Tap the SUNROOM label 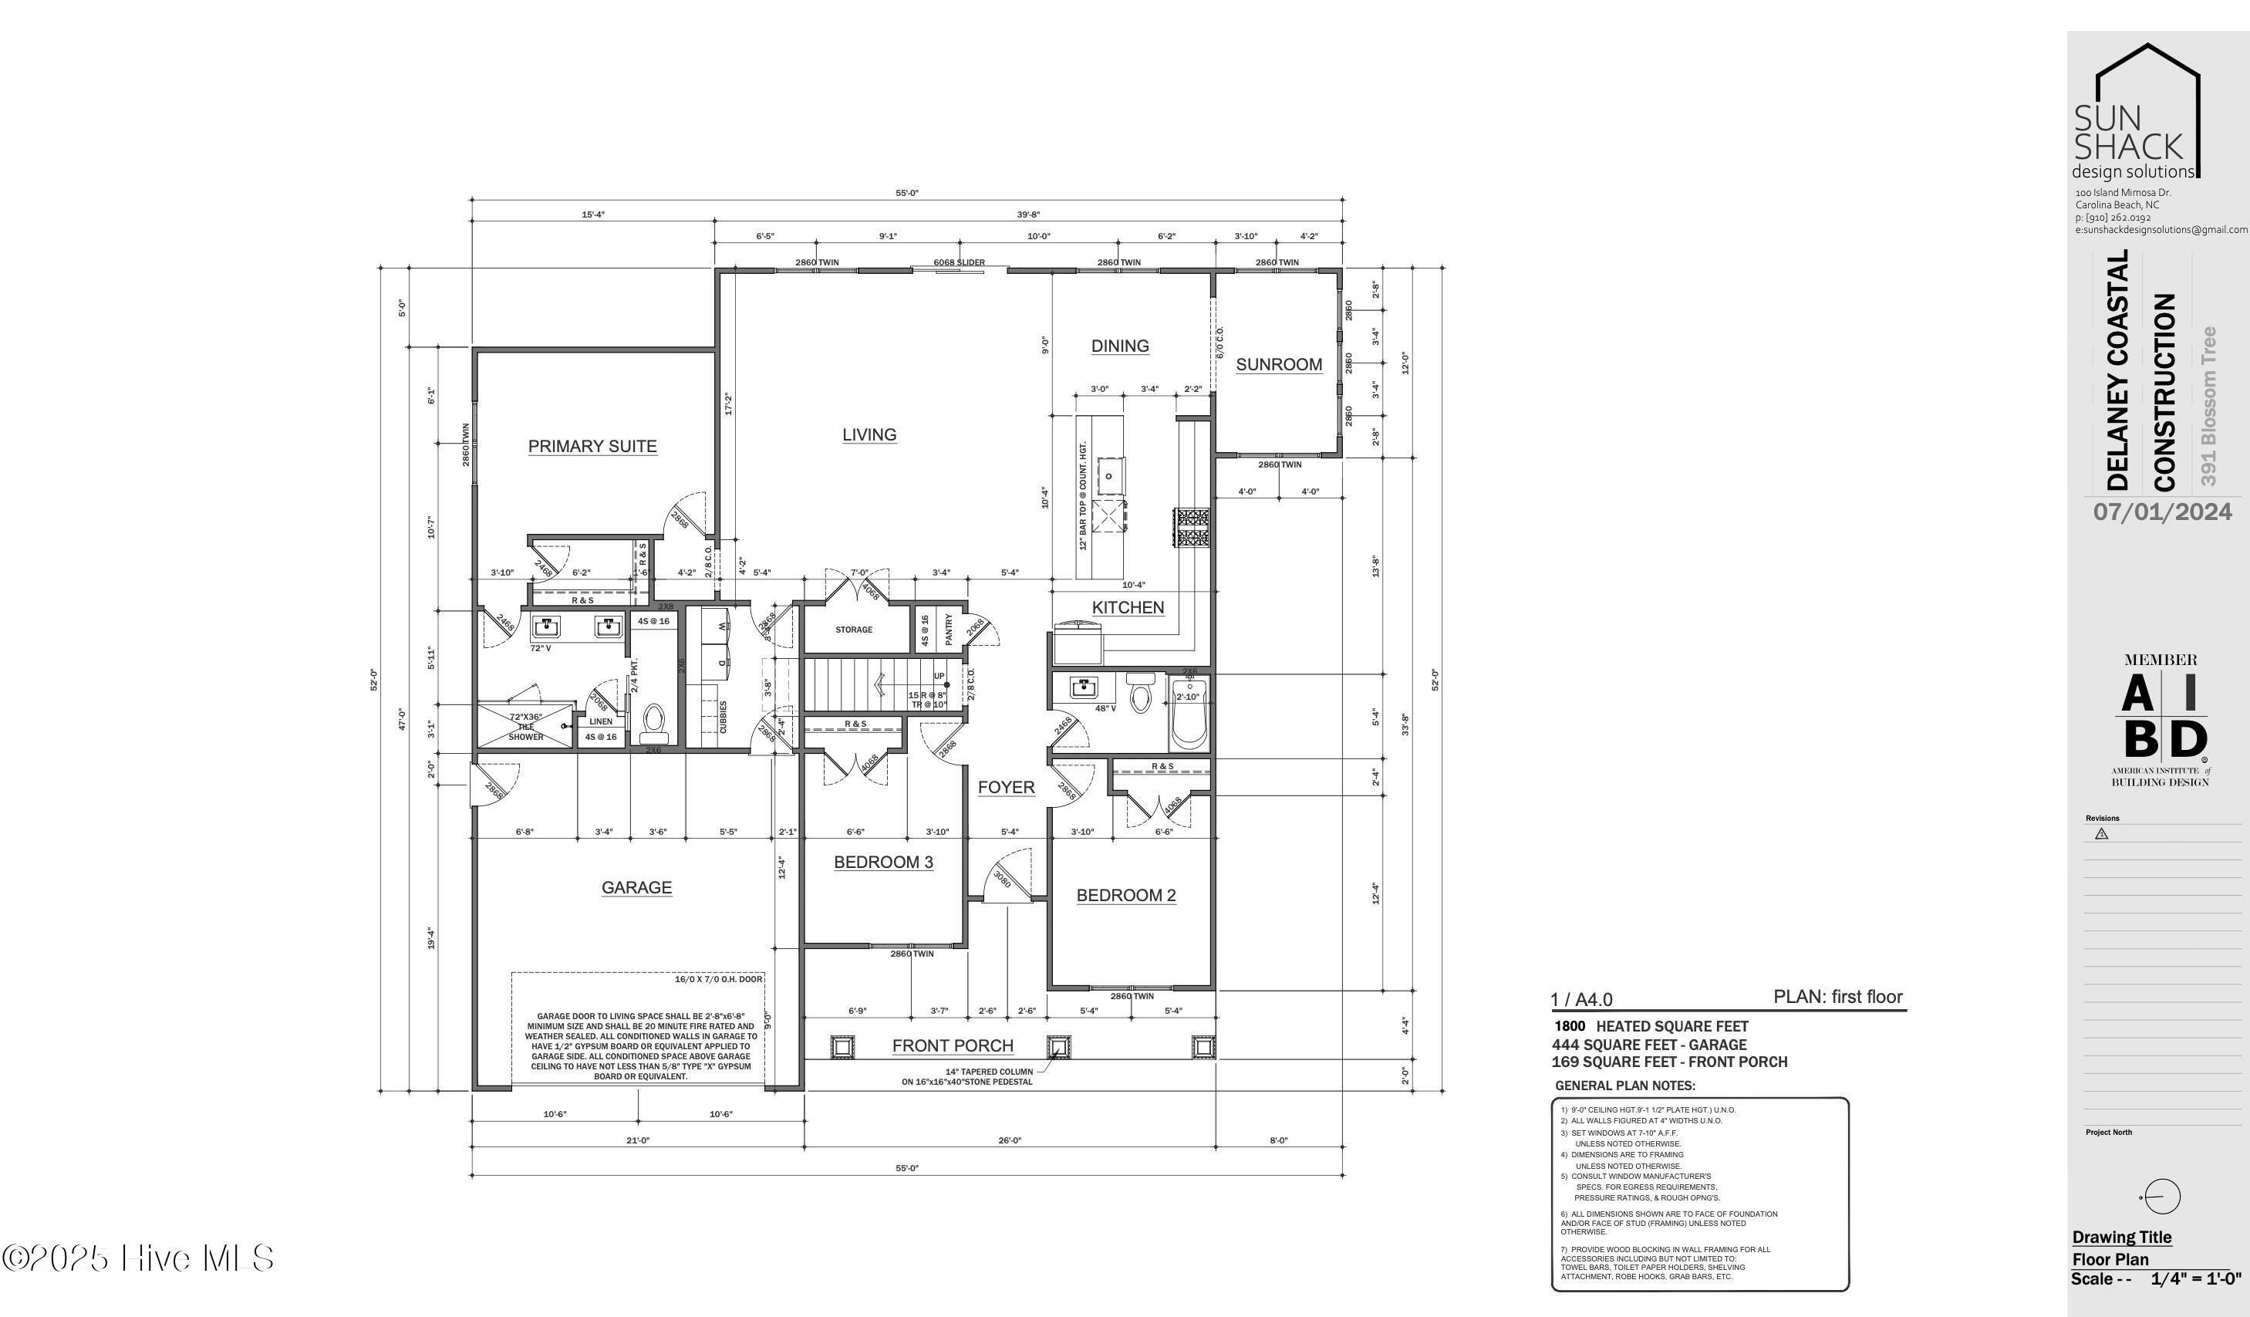coord(1279,364)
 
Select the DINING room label coord(1120,346)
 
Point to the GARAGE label coord(636,887)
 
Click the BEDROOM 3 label coord(883,862)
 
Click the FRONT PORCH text coord(952,1045)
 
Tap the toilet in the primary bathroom coord(653,719)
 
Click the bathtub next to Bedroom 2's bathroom coord(1189,715)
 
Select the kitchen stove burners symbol coord(1191,528)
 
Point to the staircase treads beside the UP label coord(857,684)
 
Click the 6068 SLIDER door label coord(959,262)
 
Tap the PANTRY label coord(948,630)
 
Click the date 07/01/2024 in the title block coord(2163,512)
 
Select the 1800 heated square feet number coord(1570,1027)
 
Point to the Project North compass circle coord(2161,1197)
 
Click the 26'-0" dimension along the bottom coord(1009,1140)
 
